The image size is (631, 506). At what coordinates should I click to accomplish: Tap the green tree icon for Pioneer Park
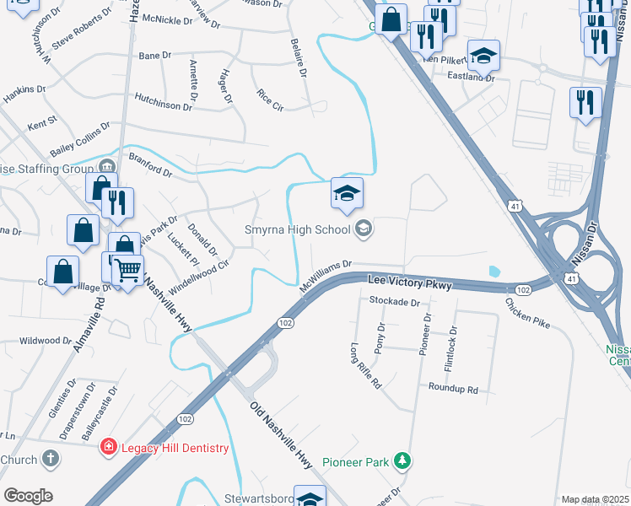[404, 460]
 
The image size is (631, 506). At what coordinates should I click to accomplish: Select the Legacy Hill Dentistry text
[174, 448]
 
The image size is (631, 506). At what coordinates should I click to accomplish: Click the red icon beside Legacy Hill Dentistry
[108, 447]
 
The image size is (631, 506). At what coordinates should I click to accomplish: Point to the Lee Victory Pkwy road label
[410, 284]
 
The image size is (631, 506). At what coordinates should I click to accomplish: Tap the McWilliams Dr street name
[324, 277]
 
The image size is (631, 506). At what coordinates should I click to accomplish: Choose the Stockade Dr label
[394, 301]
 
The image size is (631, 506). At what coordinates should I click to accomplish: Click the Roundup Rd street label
[453, 390]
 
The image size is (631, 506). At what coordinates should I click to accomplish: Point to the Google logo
[28, 495]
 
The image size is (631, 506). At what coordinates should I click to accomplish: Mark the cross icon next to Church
[51, 460]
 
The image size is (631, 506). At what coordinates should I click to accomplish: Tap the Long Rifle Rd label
[365, 364]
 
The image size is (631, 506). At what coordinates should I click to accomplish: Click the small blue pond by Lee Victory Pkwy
[493, 272]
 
